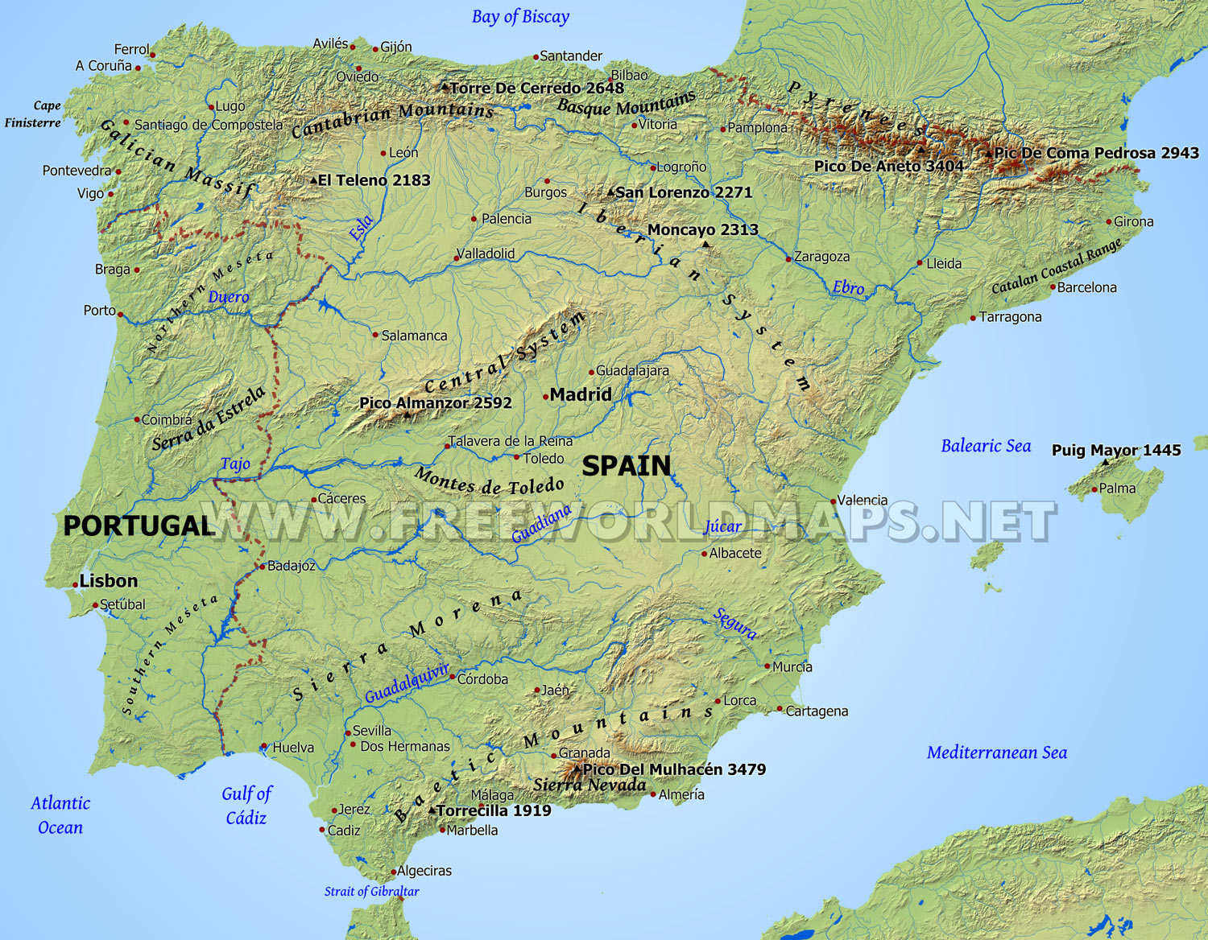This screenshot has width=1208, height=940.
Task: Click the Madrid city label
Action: (581, 394)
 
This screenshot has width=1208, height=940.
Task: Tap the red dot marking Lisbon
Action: (75, 584)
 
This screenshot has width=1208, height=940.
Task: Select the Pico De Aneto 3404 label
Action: (888, 166)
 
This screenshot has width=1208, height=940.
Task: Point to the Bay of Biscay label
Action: (520, 17)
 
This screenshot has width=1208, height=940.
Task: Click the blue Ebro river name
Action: (848, 287)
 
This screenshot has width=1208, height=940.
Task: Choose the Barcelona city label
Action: (1086, 287)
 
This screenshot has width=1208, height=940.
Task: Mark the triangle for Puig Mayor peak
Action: (1105, 463)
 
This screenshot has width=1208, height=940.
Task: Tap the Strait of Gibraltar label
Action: (371, 891)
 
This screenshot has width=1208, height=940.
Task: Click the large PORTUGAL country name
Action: (138, 526)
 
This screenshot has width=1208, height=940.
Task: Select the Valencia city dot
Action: (834, 501)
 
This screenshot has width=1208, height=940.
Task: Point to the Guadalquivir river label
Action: (407, 684)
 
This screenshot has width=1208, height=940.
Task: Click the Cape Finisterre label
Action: (34, 114)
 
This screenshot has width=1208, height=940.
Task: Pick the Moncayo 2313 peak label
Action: (702, 229)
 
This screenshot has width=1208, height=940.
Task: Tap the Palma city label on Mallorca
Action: (1117, 489)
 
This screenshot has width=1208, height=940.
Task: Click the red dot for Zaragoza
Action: (788, 258)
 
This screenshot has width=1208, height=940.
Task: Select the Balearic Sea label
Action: (986, 446)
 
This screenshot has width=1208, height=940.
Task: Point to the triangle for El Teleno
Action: (314, 181)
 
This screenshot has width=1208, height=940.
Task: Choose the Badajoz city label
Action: (291, 566)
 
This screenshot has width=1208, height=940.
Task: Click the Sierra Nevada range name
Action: (590, 785)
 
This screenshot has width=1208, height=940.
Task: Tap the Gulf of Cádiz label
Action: (246, 806)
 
